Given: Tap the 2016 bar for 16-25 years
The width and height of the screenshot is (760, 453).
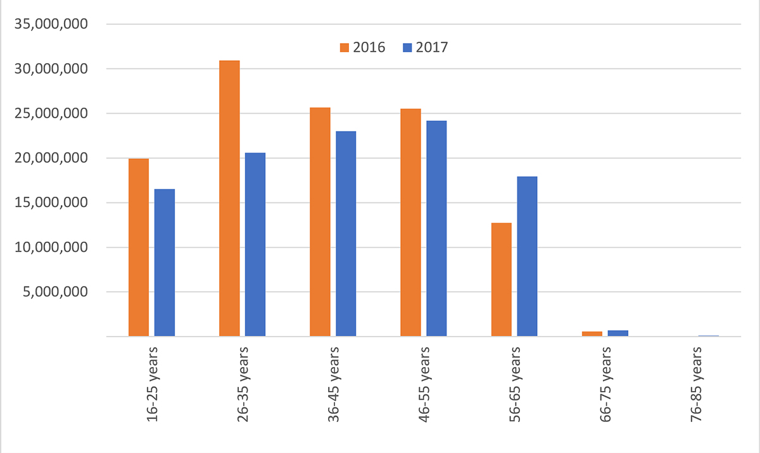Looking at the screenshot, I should (x=139, y=247).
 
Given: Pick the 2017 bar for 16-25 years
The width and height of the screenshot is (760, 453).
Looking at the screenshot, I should (x=165, y=263).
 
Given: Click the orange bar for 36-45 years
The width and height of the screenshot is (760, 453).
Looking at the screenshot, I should (x=320, y=222).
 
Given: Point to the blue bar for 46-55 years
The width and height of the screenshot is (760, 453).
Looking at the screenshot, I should (x=436, y=228).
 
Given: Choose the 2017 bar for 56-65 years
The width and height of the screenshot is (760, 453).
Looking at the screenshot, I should (x=527, y=256).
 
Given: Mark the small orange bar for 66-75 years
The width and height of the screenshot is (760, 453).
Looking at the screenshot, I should (x=592, y=333).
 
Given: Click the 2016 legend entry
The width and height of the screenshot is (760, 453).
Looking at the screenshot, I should (x=362, y=47).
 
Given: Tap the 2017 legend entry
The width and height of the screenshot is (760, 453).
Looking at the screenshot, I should (x=425, y=47).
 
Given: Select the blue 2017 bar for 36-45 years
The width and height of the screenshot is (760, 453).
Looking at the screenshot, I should (x=346, y=234).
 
